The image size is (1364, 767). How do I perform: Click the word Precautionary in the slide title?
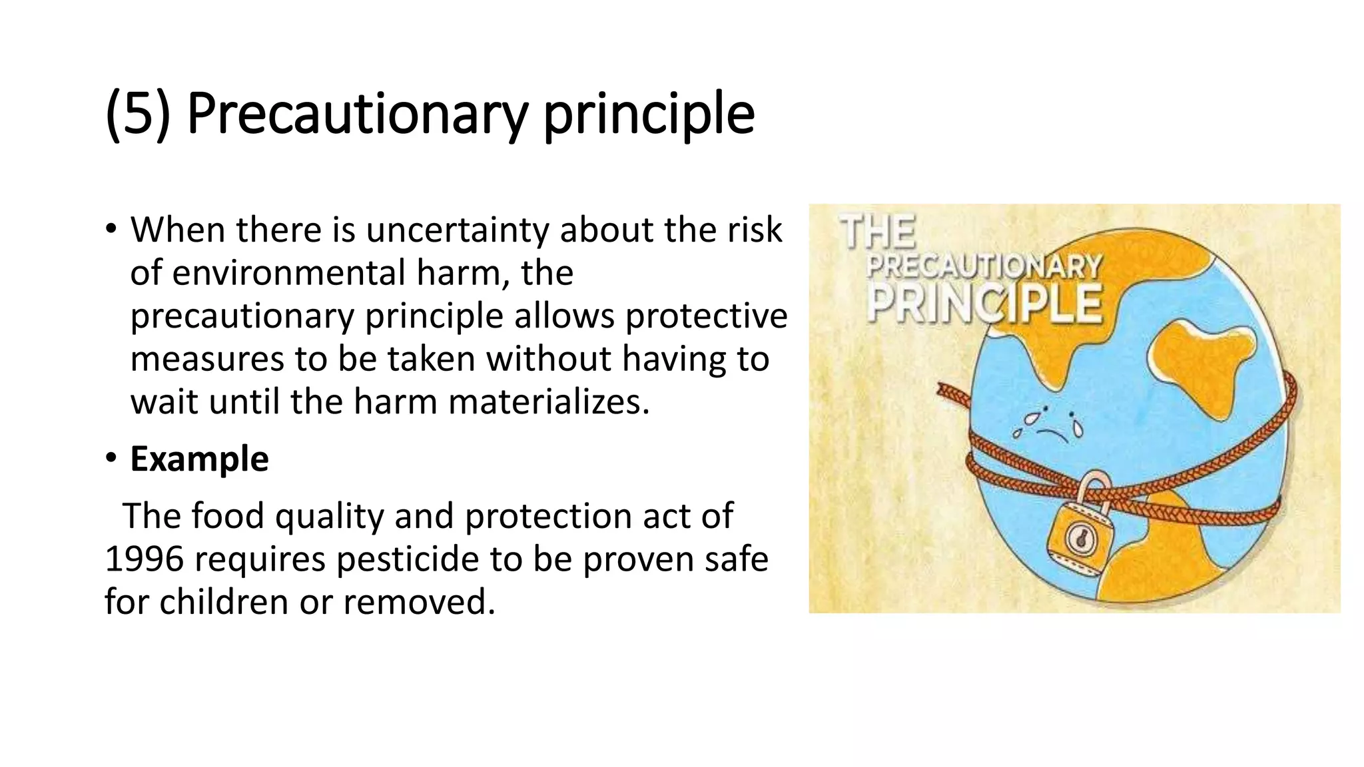pyautogui.click(x=358, y=115)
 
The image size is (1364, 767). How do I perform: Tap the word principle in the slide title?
pyautogui.click(x=649, y=115)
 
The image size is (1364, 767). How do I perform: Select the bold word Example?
pyautogui.click(x=199, y=459)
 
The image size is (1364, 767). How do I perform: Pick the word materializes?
pyautogui.click(x=548, y=402)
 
